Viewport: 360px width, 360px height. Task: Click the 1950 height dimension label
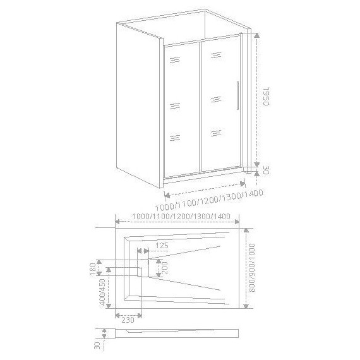tap(267, 98)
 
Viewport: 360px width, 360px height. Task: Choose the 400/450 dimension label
tap(102, 295)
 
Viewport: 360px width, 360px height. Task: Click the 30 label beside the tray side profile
tap(97, 345)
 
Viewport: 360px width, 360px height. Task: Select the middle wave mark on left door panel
tap(175, 105)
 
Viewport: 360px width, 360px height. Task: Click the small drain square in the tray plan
tap(144, 268)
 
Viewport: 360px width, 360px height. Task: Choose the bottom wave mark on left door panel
tap(175, 138)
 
